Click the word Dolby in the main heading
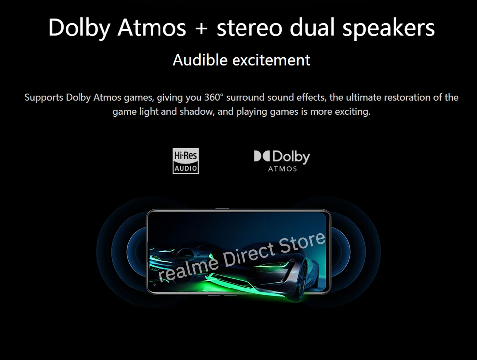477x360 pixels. (79, 28)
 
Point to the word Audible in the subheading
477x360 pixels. (200, 60)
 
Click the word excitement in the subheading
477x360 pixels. (271, 60)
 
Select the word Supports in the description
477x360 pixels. (44, 98)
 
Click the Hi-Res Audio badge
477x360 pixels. (185, 161)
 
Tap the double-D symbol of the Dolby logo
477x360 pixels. (262, 156)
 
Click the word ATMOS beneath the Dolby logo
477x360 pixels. (282, 169)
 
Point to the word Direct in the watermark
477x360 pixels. (249, 255)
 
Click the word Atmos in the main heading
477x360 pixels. (152, 28)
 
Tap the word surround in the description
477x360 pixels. (245, 98)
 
